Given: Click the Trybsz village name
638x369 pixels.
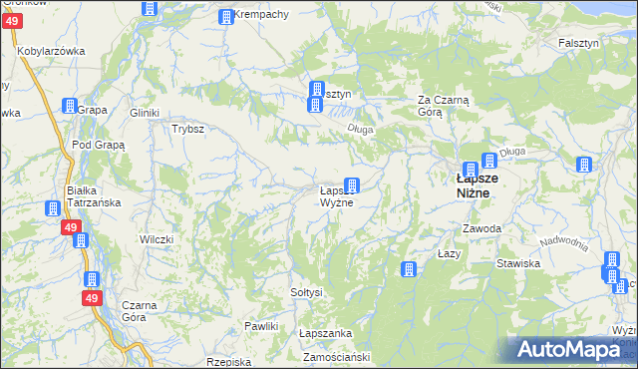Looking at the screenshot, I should click(187, 129).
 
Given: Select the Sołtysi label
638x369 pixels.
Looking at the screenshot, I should click(306, 292).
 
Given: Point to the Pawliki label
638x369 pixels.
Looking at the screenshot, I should click(260, 326).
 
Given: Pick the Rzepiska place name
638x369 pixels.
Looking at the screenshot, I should click(226, 362).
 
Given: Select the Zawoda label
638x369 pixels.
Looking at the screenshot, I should click(481, 228).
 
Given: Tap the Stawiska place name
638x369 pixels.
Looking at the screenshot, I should click(518, 264).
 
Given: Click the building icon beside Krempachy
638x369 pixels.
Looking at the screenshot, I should click(226, 17).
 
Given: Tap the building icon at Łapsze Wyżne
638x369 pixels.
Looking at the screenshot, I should click(352, 184).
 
